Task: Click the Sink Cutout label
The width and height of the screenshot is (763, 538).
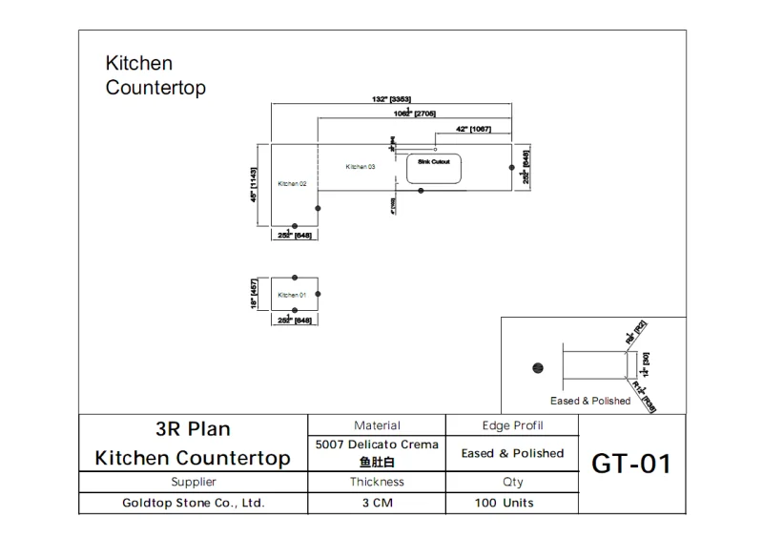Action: coord(434,162)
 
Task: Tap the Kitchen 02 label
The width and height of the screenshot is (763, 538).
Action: coord(292,183)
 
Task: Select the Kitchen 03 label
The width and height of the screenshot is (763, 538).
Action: coord(361,167)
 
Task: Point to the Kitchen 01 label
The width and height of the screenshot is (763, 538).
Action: coord(292,295)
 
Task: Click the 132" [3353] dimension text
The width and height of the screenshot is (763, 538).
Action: coord(391,99)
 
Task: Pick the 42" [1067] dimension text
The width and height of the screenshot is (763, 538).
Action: coord(474,129)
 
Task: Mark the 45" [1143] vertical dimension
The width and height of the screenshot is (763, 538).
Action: coord(254,185)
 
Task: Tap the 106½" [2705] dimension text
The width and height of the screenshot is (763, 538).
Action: coord(415,114)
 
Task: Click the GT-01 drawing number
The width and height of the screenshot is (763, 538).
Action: coord(631,465)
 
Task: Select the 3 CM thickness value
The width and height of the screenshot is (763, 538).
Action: coord(378,503)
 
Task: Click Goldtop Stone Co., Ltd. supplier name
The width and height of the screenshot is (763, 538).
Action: coord(194,503)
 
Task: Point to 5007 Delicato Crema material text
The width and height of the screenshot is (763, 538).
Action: coord(377,445)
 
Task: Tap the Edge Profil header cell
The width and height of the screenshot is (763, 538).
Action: coord(512,425)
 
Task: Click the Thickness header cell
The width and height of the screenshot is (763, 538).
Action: coord(378,483)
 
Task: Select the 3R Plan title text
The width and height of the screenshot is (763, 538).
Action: coord(193,429)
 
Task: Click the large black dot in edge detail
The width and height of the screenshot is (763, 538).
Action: coord(537,367)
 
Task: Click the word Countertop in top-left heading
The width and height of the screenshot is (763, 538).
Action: coord(155,88)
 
